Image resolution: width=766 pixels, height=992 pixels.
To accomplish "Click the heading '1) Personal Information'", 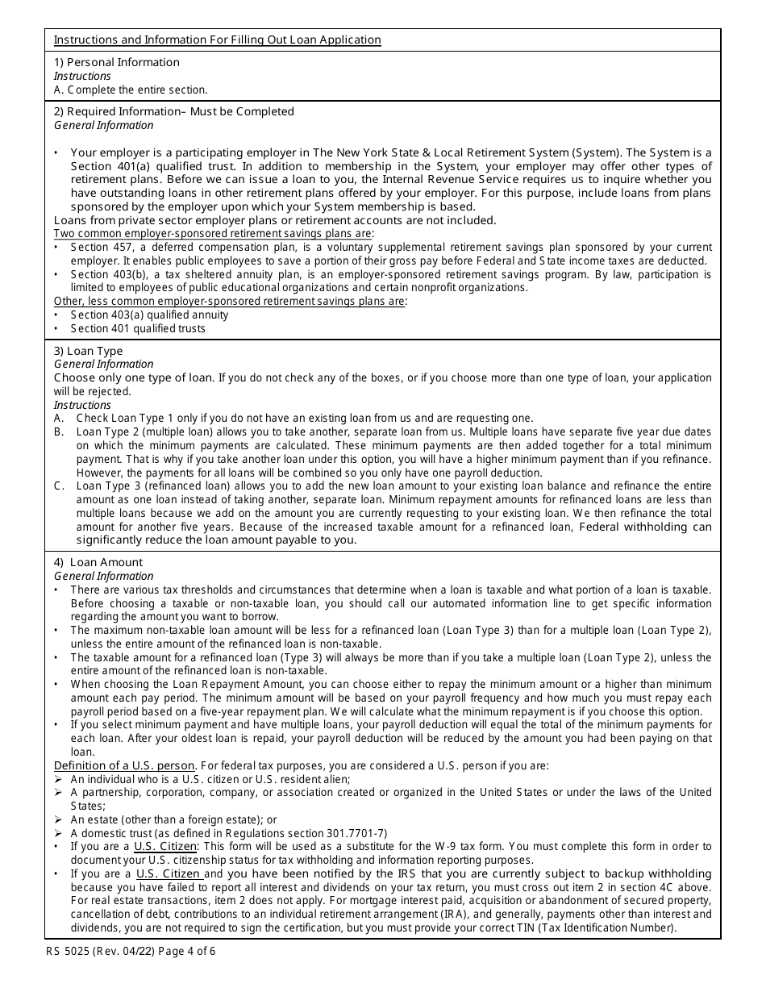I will click(117, 62).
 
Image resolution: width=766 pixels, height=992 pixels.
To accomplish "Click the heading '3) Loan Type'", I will click(88, 351).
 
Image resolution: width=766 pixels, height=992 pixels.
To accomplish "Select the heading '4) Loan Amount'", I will click(98, 562).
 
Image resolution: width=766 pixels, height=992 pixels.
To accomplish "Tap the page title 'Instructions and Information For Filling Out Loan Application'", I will click(217, 40).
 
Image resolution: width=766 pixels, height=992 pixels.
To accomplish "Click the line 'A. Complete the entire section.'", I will click(131, 90).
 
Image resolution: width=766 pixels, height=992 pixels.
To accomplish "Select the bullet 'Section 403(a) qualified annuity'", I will click(149, 315).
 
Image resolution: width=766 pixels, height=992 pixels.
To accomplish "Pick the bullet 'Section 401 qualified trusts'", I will click(138, 328).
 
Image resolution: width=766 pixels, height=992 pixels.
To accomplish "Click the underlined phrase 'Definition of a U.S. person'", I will click(124, 765).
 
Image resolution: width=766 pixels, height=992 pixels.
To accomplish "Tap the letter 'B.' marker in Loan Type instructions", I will click(60, 431).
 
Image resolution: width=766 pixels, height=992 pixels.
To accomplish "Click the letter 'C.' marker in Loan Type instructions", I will click(60, 486).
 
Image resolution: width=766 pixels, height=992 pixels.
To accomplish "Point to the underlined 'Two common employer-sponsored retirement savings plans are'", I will click(214, 233).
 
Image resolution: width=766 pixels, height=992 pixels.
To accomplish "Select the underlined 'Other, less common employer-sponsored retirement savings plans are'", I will click(230, 301).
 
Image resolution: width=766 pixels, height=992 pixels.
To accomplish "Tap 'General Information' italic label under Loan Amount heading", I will click(103, 576).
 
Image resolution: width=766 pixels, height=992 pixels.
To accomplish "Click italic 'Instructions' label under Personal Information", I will click(82, 76).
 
